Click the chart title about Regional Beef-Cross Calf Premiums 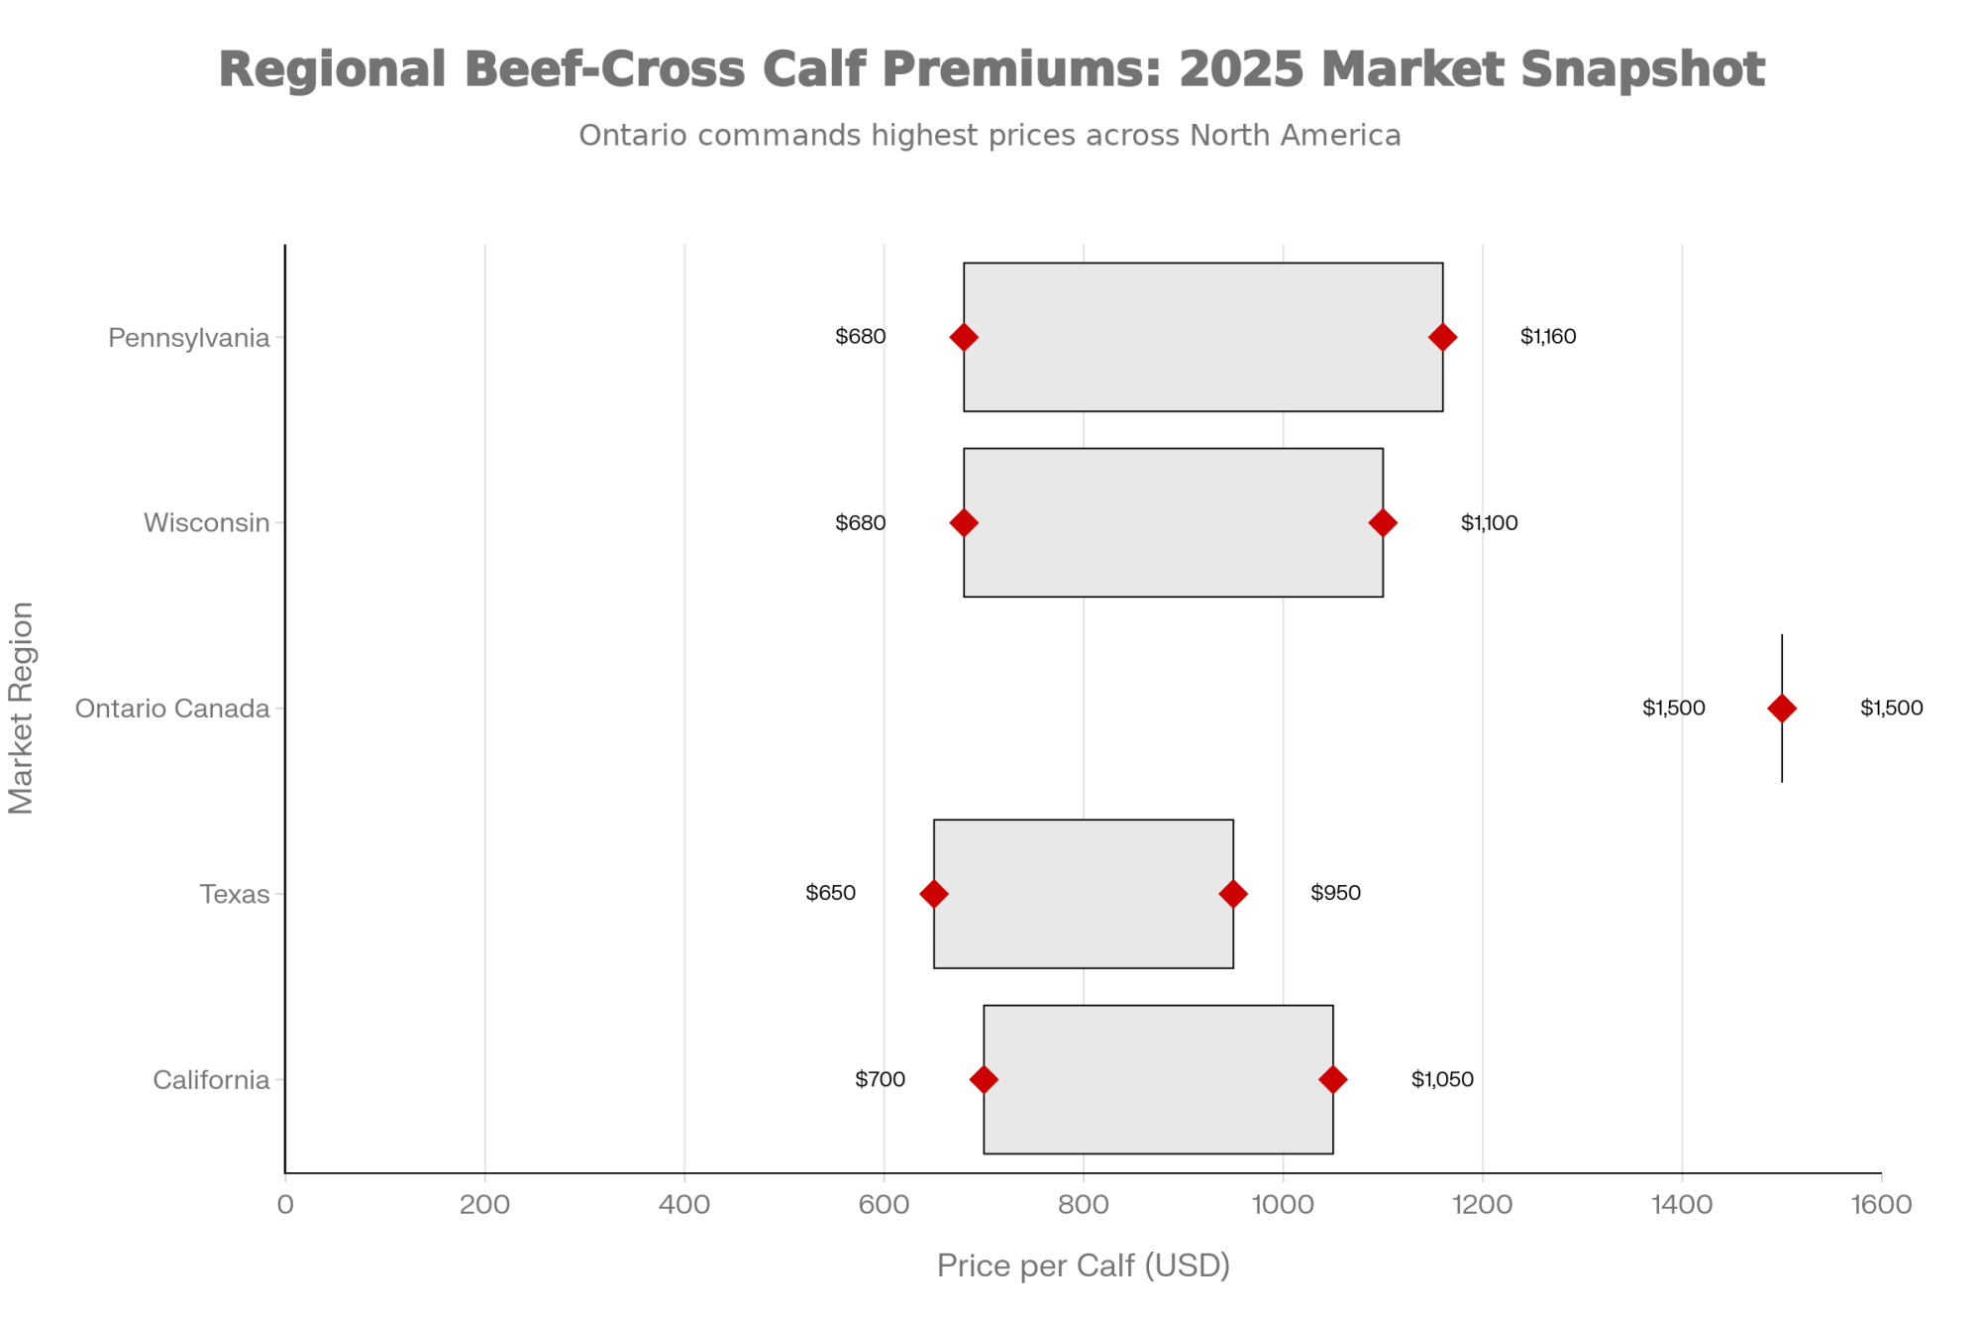pos(990,69)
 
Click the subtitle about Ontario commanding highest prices pos(990,135)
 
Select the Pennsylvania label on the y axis pos(188,338)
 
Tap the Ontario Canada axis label pos(172,709)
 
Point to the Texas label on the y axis pos(235,894)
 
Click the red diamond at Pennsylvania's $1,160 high pos(1442,337)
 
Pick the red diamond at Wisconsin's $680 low pos(964,522)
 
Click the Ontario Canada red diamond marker pos(1782,708)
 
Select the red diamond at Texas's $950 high pos(1233,894)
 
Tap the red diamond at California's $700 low pos(984,1079)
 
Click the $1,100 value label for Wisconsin pos(1489,522)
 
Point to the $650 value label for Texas pos(830,893)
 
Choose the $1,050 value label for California pos(1442,1079)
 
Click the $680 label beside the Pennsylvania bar pos(860,336)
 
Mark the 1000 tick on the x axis pos(1283,1205)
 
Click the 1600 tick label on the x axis pos(1881,1205)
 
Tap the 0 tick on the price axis pos(285,1205)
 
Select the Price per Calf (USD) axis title pos(1084,1266)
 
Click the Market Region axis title pos(22,708)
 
